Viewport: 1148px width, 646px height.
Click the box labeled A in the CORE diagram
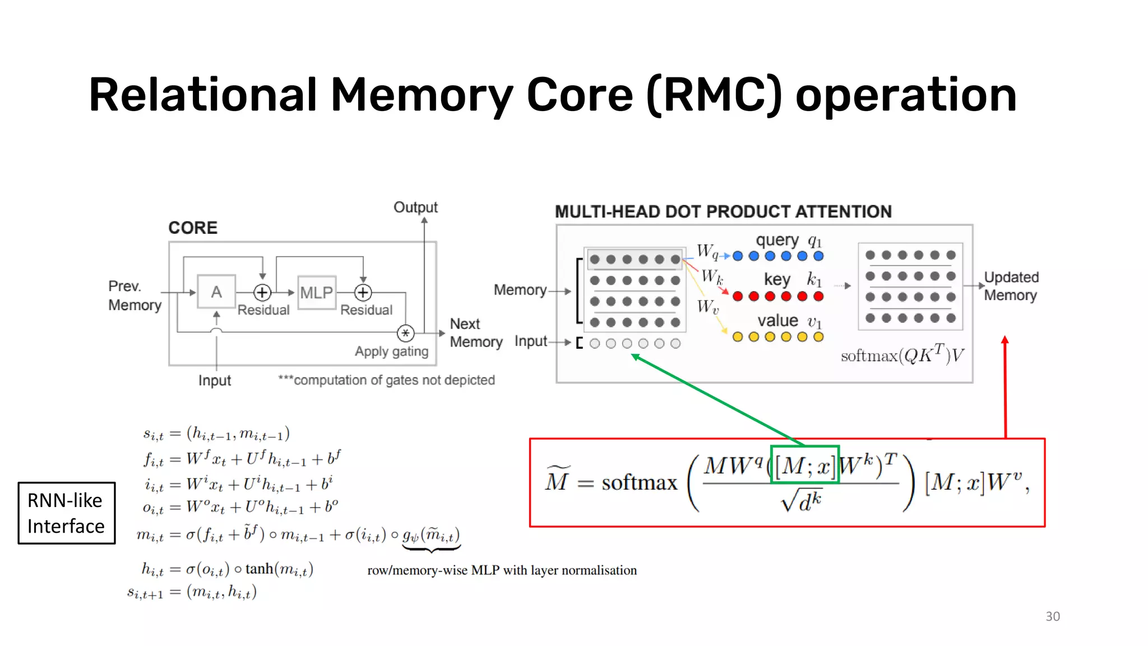[x=216, y=292]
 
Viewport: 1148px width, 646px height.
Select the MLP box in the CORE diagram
[x=317, y=292]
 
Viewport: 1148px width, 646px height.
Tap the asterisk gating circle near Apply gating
[x=405, y=333]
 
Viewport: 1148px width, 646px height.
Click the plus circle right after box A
[x=262, y=292]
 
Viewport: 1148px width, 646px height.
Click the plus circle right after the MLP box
[x=363, y=292]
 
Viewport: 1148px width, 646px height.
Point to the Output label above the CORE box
[x=415, y=207]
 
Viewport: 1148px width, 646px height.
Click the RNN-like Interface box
[x=66, y=513]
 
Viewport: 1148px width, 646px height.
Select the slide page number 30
[x=1052, y=616]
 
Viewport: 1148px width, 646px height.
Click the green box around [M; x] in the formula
[x=805, y=464]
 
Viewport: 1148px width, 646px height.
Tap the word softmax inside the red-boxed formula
[x=640, y=482]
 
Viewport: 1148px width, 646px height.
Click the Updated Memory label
[x=1011, y=286]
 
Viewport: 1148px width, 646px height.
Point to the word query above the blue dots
[x=777, y=240]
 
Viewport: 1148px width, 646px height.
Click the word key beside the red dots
[x=777, y=279]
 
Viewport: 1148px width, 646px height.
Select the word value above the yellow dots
[x=777, y=320]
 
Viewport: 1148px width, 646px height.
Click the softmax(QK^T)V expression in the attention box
[x=902, y=355]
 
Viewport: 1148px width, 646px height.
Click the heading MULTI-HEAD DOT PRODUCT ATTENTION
[x=723, y=211]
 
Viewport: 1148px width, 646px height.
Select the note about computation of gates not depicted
[x=387, y=380]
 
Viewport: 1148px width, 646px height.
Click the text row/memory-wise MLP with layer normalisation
[x=502, y=570]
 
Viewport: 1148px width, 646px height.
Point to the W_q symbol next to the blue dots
[x=707, y=252]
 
